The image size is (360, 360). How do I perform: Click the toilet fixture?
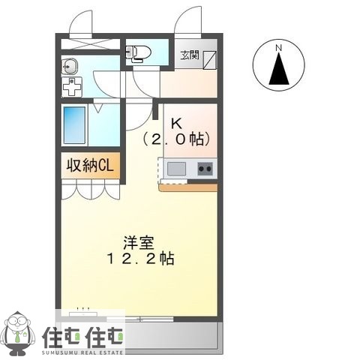pos(139,52)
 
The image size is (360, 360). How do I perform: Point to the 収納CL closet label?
pos(88,166)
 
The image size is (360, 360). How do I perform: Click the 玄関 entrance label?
pos(188,54)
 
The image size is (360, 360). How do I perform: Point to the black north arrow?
pos(278,72)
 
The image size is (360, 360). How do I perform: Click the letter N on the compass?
pos(278,49)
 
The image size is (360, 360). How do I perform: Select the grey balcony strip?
pos(172,337)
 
